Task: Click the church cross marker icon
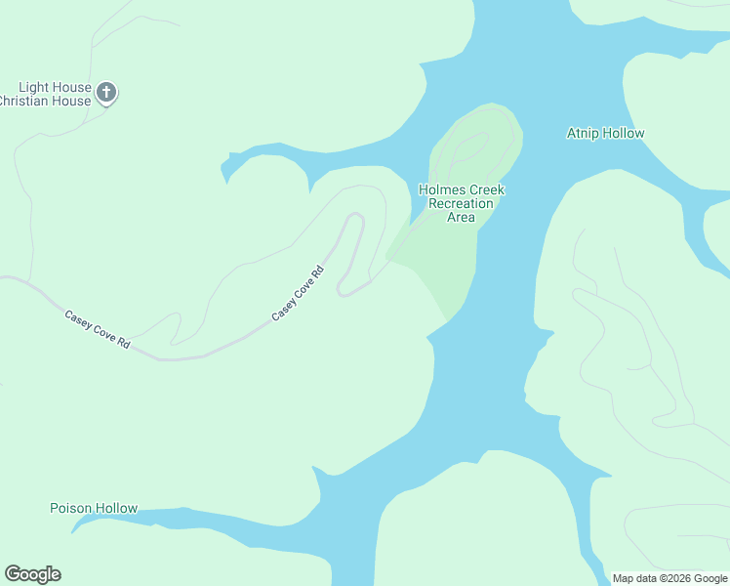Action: (x=106, y=94)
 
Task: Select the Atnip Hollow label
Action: (x=605, y=133)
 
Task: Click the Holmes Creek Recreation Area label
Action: (x=461, y=203)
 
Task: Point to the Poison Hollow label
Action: (x=94, y=508)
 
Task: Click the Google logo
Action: (x=32, y=574)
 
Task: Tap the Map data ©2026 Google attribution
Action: (x=669, y=578)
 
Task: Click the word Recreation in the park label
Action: (x=461, y=203)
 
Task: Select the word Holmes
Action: (x=439, y=189)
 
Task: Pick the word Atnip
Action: (x=584, y=133)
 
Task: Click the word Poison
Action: (x=71, y=508)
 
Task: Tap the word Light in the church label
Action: (x=35, y=88)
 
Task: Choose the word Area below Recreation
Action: (x=461, y=217)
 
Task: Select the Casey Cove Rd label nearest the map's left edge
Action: (x=98, y=329)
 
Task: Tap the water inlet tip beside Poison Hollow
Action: (x=74, y=530)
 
